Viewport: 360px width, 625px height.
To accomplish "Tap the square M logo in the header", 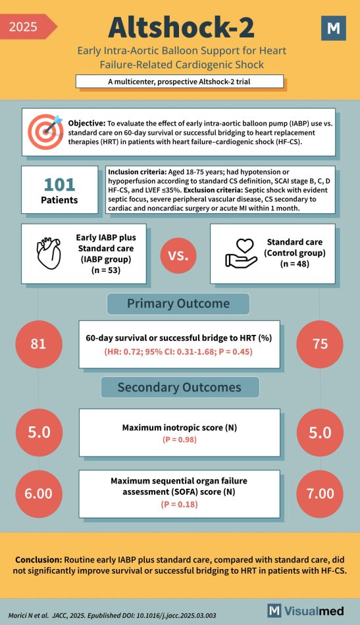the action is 333,28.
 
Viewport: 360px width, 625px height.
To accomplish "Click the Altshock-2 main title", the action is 181,28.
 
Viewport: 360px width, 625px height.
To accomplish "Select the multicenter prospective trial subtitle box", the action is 180,82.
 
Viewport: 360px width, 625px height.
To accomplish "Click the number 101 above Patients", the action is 59,185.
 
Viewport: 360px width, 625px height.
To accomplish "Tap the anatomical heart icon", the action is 49,253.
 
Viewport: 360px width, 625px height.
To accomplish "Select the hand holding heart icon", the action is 241,253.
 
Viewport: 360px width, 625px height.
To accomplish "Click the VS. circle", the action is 178,255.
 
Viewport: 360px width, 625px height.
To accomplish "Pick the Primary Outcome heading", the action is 178,304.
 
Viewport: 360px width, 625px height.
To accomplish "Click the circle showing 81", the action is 39,344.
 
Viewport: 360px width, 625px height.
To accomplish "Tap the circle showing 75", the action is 320,344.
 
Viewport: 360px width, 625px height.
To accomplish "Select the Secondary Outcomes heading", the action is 180,387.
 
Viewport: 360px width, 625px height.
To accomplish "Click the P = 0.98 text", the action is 180,439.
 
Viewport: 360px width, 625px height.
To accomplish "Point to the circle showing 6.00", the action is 39,493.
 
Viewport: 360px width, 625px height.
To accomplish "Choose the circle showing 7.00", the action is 320,493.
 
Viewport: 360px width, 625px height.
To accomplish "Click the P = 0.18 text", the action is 180,504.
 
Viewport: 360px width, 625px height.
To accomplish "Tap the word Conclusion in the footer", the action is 38,559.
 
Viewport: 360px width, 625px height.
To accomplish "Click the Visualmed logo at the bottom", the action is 306,611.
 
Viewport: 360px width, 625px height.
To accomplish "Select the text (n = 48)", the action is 294,263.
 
